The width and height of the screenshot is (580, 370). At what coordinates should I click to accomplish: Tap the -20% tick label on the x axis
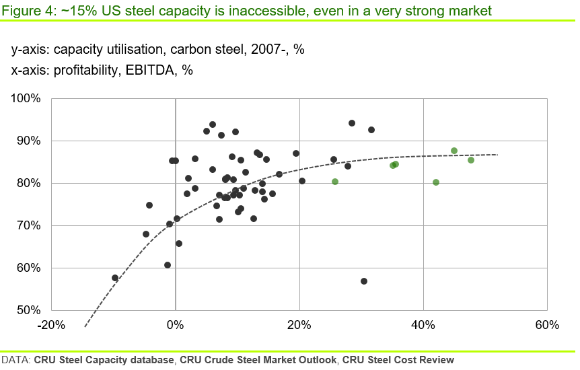[x=51, y=326]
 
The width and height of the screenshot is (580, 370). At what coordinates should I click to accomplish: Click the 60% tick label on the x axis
[x=547, y=326]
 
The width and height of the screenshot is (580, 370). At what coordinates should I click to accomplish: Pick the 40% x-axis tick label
[x=423, y=326]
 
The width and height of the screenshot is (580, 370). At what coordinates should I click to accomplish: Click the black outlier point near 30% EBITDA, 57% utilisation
[x=364, y=281]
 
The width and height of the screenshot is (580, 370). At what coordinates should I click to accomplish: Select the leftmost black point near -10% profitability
[x=115, y=278]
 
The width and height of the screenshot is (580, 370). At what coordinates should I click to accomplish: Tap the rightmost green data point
[x=471, y=160]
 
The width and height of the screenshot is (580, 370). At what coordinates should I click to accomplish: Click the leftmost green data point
[x=335, y=182]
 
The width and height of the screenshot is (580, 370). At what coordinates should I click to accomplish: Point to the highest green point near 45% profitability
[x=454, y=151]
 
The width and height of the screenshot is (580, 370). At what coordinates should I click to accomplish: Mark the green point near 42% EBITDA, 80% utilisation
[x=436, y=182]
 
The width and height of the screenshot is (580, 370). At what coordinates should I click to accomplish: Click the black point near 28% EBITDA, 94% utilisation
[x=352, y=123]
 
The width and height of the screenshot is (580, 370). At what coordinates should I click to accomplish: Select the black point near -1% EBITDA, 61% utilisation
[x=168, y=265]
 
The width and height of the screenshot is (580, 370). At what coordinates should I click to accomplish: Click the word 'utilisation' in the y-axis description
[x=144, y=49]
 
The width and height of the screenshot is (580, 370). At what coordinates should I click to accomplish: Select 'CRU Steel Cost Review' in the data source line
[x=398, y=360]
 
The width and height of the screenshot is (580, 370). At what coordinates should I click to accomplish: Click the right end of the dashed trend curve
[x=498, y=155]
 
